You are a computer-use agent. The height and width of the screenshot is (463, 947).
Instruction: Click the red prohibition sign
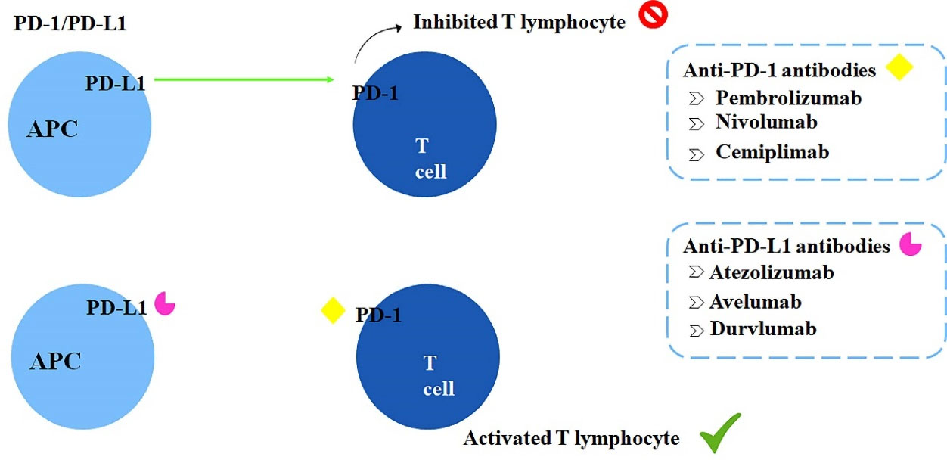pyautogui.click(x=652, y=16)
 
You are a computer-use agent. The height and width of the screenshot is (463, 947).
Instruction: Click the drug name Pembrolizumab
pyautogui.click(x=788, y=98)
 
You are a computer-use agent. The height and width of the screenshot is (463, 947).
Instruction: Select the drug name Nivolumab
pyautogui.click(x=766, y=122)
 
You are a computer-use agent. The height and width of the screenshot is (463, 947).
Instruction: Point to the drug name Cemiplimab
pyautogui.click(x=772, y=152)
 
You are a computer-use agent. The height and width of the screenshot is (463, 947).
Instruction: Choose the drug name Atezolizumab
pyautogui.click(x=772, y=272)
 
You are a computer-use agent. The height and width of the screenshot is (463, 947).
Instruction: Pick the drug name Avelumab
pyautogui.click(x=755, y=301)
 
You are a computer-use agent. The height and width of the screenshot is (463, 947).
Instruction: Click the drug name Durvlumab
pyautogui.click(x=763, y=329)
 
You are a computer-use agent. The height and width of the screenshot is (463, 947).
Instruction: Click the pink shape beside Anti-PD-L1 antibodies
pyautogui.click(x=910, y=244)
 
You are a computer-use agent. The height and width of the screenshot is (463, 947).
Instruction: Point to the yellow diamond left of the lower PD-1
pyautogui.click(x=333, y=310)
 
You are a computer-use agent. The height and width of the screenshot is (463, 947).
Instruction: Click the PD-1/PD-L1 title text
pyautogui.click(x=70, y=23)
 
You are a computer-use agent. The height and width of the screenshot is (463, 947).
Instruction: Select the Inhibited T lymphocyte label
pyautogui.click(x=519, y=22)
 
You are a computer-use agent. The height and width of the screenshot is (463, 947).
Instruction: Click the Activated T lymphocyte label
pyautogui.click(x=571, y=438)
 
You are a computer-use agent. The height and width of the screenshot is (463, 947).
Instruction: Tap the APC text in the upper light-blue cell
pyautogui.click(x=52, y=129)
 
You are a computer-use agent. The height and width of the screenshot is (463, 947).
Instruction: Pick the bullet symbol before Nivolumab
pyautogui.click(x=697, y=123)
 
